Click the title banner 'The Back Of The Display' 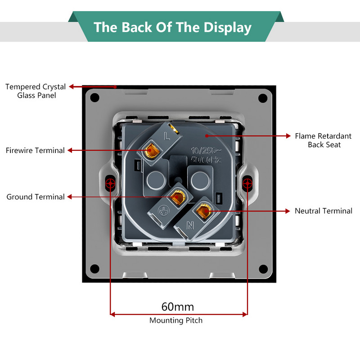pos(172,27)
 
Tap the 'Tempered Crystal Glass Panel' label pos(36,91)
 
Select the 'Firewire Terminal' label pos(35,150)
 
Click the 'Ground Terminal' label pos(36,197)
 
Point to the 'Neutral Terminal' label pos(323,211)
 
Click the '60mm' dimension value pos(178,307)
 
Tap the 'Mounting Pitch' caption pos(176,320)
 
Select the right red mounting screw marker pos(247,183)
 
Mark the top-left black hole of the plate pos(95,97)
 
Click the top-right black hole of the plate pos(262,97)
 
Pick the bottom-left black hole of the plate pos(95,269)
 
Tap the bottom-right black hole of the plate pos(262,269)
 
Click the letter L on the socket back pos(167,134)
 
